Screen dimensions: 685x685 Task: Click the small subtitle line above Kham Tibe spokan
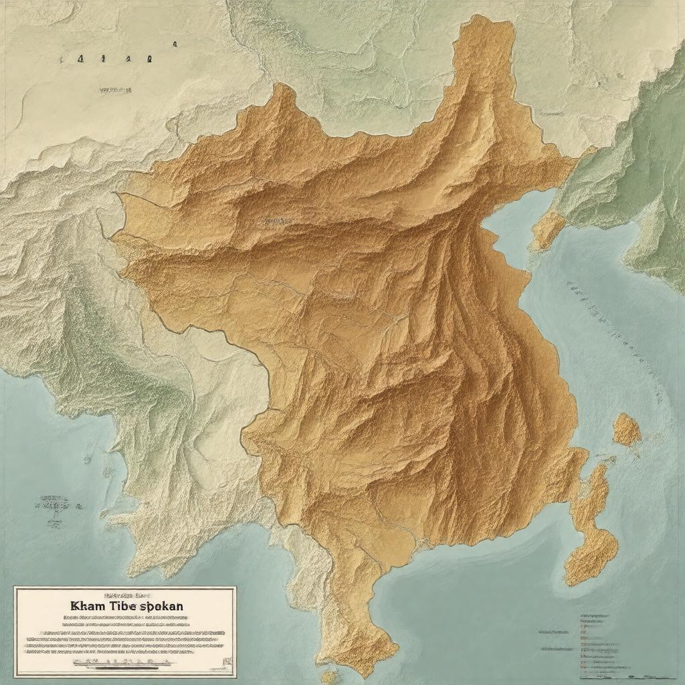(x=124, y=594)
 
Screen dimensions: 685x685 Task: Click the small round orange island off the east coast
(x=627, y=429)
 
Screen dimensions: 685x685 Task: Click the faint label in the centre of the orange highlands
(x=276, y=219)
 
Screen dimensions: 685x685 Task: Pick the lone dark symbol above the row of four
(x=175, y=44)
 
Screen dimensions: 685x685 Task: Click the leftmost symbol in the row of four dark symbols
(x=80, y=59)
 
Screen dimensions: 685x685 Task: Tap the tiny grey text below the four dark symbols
(x=115, y=88)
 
